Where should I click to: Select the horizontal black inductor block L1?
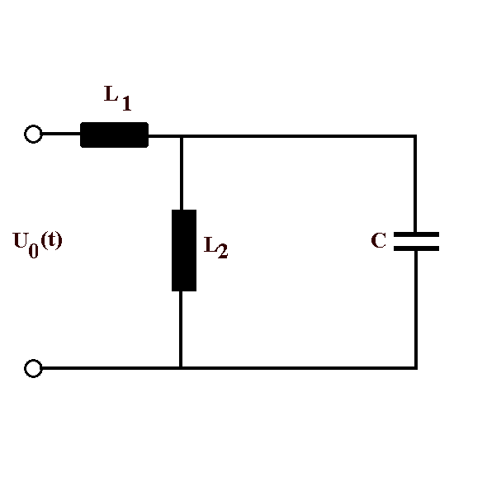click(114, 135)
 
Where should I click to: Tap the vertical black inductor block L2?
click(184, 250)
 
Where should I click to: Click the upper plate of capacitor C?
click(416, 234)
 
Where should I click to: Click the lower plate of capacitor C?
click(416, 248)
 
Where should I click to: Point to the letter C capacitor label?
click(379, 240)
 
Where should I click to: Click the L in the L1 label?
click(111, 93)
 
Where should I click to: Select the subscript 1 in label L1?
click(126, 103)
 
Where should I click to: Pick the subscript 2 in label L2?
click(223, 251)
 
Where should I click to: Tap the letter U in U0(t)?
click(20, 240)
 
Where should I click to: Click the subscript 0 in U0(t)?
click(33, 251)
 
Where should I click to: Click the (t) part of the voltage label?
click(51, 240)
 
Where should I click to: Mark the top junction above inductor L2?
click(182, 136)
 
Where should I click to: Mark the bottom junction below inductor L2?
click(181, 368)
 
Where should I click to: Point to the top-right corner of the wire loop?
click(415, 136)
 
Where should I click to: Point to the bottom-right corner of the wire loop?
click(416, 368)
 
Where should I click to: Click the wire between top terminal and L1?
click(61, 134)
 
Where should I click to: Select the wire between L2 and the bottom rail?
click(181, 329)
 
